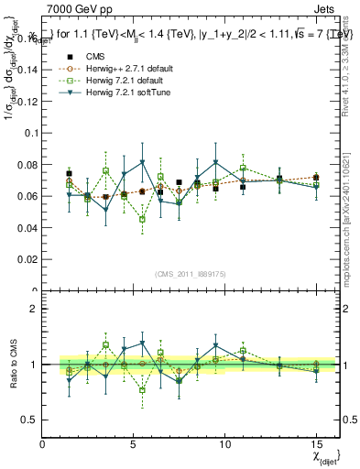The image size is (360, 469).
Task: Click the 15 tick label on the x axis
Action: [x=315, y=444]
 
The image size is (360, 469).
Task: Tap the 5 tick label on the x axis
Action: [x=134, y=444]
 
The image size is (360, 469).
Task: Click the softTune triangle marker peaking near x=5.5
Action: [x=142, y=162]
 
